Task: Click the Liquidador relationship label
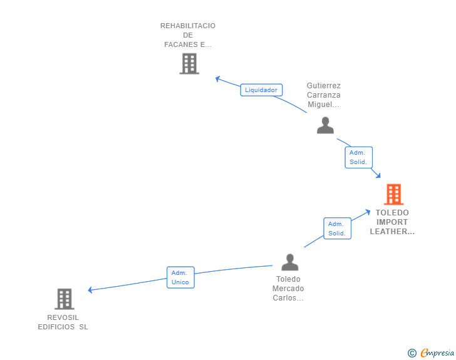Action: tap(261, 90)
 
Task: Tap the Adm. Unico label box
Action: tap(180, 277)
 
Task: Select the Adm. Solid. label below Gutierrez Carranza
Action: tap(358, 157)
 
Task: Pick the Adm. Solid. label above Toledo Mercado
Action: tap(338, 229)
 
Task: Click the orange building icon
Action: tap(394, 194)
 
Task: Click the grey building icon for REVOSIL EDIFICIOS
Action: tap(65, 299)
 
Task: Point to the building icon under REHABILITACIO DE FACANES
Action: tap(189, 63)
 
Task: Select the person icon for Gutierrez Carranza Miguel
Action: tap(325, 125)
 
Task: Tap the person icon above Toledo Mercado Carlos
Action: tap(289, 262)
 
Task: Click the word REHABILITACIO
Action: tap(188, 26)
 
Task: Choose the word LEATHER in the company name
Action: tap(388, 232)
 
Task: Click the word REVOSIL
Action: tap(63, 317)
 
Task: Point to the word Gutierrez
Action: tap(324, 86)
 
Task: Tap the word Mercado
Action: tap(288, 289)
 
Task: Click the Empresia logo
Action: tap(437, 353)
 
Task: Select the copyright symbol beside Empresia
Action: tap(412, 353)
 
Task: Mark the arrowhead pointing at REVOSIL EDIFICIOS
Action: tap(90, 290)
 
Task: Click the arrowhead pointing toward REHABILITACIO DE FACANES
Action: tap(217, 78)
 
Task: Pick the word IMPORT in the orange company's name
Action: tap(392, 222)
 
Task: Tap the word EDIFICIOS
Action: tap(56, 327)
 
